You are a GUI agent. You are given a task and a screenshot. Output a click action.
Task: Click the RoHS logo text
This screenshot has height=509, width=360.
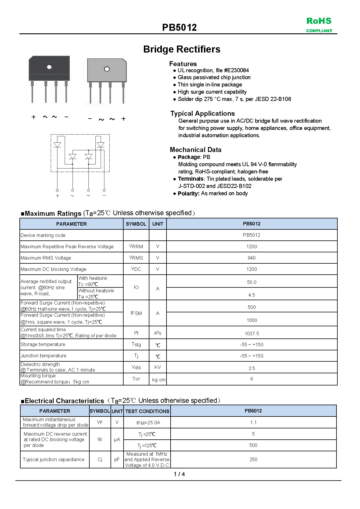(319, 21)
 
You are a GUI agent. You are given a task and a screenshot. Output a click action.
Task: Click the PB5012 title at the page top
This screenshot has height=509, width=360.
(179, 28)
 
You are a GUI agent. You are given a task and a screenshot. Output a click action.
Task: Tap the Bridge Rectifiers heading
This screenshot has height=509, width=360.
(182, 49)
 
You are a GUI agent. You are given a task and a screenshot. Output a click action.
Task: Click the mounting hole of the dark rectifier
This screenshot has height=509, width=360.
(49, 67)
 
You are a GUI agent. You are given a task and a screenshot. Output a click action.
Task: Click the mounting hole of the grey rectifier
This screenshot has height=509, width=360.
(107, 69)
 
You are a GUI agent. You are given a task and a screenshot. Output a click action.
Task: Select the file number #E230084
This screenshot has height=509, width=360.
(236, 70)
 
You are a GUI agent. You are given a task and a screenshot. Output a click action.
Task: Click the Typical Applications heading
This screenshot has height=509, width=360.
(202, 113)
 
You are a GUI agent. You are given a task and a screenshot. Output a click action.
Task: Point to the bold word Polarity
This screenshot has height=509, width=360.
(188, 193)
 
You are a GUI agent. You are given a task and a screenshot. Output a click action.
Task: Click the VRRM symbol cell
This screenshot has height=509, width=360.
(136, 247)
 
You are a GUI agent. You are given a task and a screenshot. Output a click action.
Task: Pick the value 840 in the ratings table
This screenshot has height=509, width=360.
(252, 258)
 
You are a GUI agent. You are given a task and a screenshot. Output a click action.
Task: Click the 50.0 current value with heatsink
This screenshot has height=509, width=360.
(252, 282)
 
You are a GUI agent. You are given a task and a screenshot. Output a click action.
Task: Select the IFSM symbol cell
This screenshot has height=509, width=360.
(136, 313)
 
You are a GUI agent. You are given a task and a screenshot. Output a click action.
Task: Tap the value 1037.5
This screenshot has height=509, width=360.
(252, 334)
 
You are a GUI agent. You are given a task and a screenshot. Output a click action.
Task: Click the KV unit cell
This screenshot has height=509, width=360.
(158, 367)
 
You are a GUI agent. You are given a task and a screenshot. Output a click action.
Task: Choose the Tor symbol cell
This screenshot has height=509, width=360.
(136, 379)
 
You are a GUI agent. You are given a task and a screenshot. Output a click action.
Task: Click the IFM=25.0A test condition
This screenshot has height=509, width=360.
(148, 423)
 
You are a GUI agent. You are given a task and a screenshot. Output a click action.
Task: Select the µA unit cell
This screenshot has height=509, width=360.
(117, 440)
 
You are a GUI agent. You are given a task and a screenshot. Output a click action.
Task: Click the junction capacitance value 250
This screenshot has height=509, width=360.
(253, 459)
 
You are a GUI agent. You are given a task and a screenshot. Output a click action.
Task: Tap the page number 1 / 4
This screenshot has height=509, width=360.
(179, 474)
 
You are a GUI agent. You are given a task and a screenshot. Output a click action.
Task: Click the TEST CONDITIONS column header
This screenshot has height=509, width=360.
(147, 411)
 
